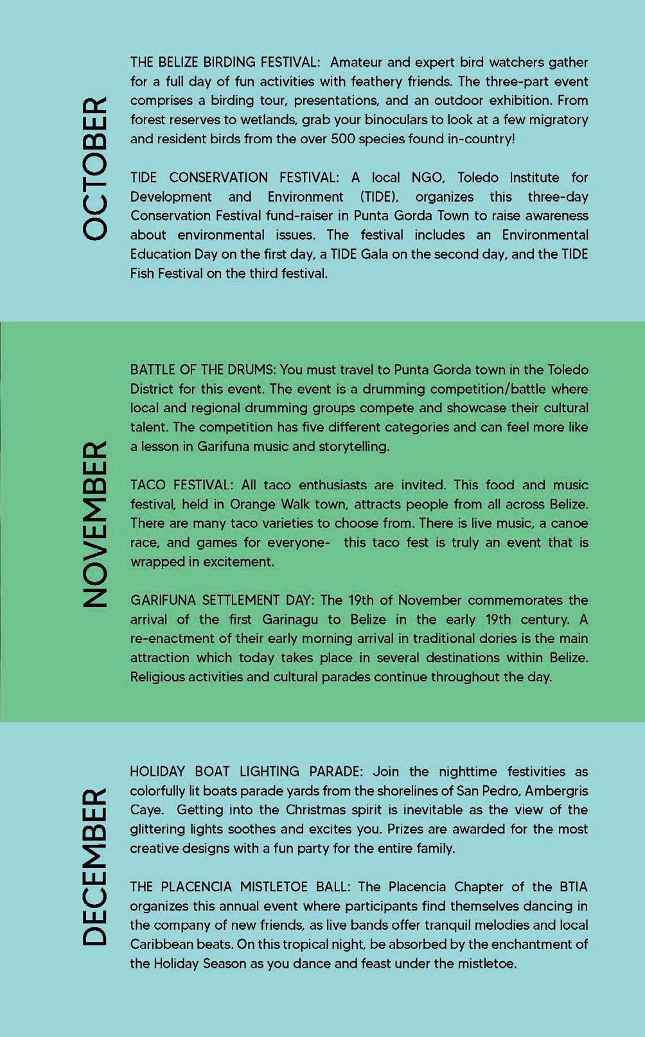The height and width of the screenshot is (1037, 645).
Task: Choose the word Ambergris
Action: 556,790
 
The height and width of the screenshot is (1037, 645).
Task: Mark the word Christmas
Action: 319,810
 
